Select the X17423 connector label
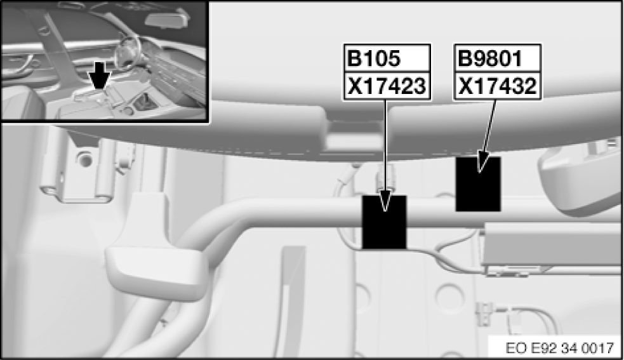tap(386, 86)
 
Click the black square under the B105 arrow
tap(383, 222)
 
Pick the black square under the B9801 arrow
tap(478, 183)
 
